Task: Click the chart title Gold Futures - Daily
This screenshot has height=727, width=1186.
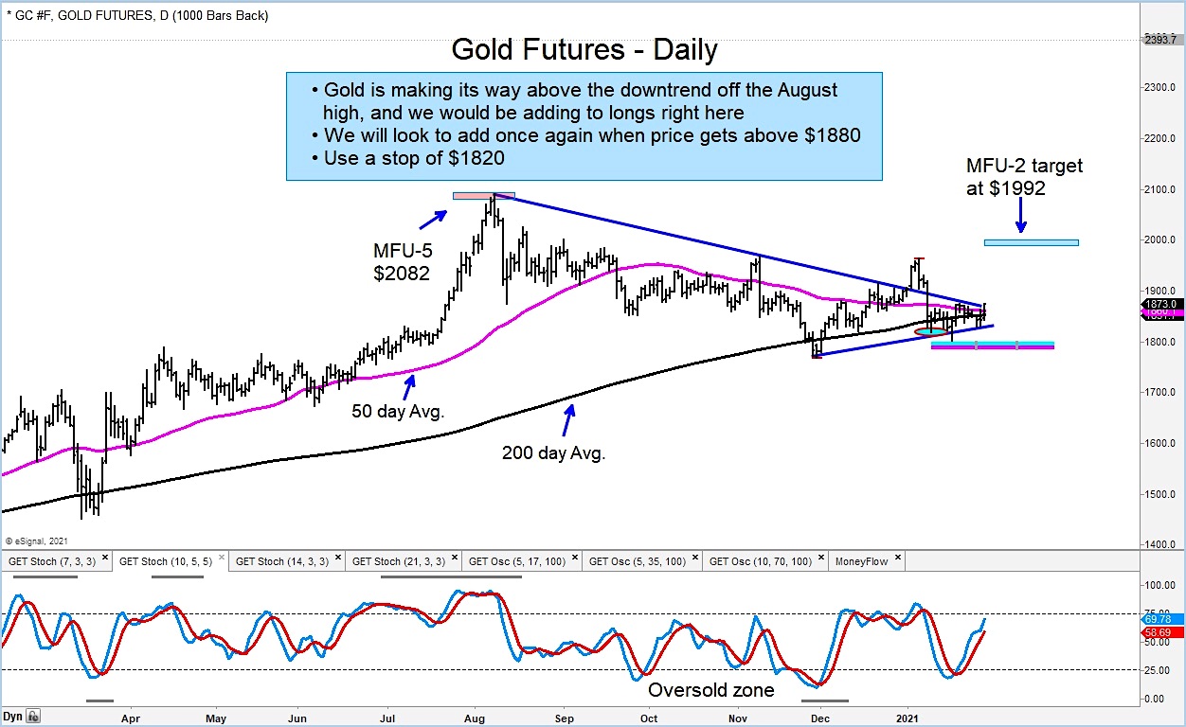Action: [584, 49]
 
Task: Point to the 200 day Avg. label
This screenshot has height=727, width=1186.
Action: [553, 452]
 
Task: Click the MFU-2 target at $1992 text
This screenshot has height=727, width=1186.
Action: [1023, 177]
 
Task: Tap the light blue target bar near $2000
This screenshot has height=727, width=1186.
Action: [1031, 242]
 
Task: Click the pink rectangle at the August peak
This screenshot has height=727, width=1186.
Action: [483, 196]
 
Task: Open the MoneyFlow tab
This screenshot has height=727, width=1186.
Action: [861, 561]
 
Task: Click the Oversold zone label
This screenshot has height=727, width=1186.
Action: [710, 691]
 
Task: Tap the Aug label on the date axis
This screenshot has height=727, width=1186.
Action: [475, 718]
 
